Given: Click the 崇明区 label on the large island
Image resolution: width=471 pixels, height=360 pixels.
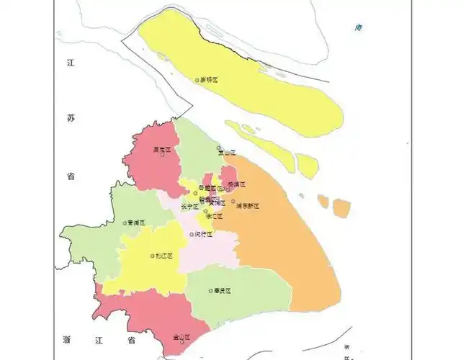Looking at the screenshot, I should [209, 80].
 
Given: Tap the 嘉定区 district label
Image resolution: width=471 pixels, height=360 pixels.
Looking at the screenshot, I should [163, 150].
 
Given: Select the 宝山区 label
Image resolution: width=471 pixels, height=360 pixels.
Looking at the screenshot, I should [228, 153].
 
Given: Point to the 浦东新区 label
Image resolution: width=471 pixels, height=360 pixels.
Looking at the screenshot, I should [248, 205].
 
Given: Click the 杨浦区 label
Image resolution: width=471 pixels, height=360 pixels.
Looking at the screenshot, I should [237, 184].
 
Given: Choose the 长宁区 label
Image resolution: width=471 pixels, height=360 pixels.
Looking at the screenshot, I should [189, 205].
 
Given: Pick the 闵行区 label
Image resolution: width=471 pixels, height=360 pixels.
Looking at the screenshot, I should [203, 234].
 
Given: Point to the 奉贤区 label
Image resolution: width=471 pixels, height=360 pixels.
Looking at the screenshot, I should [223, 291].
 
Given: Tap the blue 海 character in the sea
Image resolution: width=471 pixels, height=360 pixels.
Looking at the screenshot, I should [358, 27].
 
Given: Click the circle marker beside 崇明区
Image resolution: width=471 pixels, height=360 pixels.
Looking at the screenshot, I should [197, 80].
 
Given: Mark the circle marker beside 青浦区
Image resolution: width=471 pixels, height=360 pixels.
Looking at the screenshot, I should [125, 223].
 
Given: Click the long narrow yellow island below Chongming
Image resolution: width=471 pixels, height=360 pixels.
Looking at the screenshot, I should [258, 138].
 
